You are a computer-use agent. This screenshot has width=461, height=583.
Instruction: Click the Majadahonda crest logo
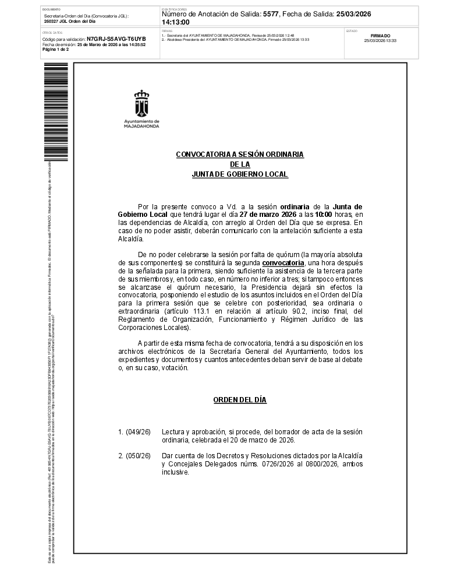(141, 104)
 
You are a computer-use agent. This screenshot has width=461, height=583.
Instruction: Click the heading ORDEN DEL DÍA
(240, 400)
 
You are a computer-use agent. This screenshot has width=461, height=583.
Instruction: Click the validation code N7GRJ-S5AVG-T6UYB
(116, 38)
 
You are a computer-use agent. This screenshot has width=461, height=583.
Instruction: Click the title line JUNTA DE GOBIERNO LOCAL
(240, 175)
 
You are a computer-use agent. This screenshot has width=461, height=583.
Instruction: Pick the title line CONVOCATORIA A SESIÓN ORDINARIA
(240, 154)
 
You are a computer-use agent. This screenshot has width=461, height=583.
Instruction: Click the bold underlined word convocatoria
(283, 263)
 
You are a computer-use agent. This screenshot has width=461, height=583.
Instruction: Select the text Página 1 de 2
(55, 50)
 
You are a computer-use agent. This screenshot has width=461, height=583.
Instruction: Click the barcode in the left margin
(59, 111)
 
